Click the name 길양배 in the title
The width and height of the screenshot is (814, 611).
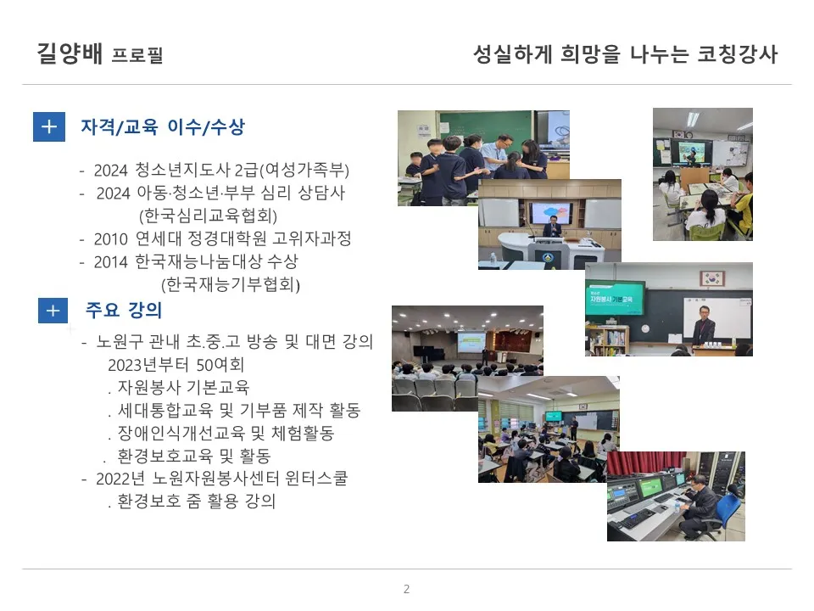[70, 54]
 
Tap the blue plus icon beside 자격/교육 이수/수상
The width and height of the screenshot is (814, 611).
[49, 127]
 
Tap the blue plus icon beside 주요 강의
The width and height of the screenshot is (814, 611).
[53, 311]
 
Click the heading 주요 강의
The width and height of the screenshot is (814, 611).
[123, 311]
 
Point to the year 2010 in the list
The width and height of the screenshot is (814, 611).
[109, 238]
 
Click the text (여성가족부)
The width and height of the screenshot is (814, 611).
[304, 169]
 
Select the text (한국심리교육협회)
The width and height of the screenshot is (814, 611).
[209, 216]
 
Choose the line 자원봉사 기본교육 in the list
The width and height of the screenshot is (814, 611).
[184, 389]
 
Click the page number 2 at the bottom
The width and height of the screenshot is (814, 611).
[406, 589]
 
